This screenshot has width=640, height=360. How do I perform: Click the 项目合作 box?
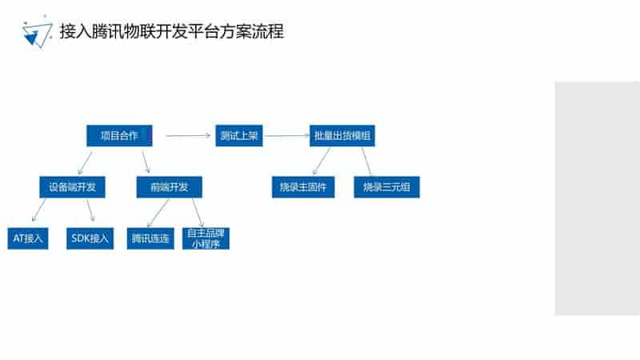tap(119, 135)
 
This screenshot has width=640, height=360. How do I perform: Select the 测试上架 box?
tap(238, 135)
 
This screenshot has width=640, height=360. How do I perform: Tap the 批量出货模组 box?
tap(342, 135)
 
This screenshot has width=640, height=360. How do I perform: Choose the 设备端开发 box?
tap(72, 187)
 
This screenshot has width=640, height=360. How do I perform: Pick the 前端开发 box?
tap(169, 187)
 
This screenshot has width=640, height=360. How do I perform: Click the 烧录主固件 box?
tap(303, 187)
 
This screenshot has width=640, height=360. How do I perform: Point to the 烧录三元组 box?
tap(386, 187)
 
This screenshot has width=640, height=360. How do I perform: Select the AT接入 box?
tap(28, 238)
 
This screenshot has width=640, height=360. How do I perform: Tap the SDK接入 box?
tap(90, 238)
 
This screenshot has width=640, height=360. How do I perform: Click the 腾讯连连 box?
tap(150, 238)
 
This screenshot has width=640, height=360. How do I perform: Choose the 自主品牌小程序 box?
tap(206, 238)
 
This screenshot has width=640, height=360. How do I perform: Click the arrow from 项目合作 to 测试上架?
tap(188, 135)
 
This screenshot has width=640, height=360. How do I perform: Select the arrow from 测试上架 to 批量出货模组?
tap(287, 135)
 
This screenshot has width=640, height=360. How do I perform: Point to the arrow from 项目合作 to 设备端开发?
tap(85, 163)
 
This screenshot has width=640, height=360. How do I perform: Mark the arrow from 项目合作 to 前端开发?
tap(146, 162)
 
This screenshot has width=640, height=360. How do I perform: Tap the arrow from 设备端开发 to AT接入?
tap(38, 210)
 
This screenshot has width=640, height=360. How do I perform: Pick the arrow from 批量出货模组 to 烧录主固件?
tap(322, 162)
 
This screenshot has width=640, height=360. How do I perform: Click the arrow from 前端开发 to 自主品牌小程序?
tap(198, 213)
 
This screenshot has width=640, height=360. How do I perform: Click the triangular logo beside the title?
tap(38, 32)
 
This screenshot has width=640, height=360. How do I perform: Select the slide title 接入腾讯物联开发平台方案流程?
tap(171, 31)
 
